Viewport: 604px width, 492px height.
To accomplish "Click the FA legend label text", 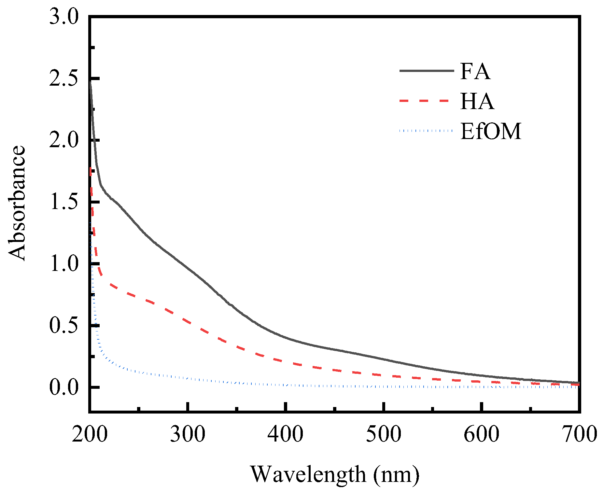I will (x=475, y=71).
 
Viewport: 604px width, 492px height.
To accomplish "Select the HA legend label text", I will (x=477, y=101).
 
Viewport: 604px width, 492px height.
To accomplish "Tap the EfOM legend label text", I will (x=491, y=131).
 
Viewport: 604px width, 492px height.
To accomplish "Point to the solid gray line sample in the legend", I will (x=426, y=71).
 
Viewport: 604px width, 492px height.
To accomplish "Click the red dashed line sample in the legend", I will (x=426, y=101).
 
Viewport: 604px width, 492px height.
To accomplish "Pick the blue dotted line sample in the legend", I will (x=426, y=131).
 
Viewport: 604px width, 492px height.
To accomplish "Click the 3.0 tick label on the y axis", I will (x=64, y=17).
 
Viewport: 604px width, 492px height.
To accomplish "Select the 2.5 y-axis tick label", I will (x=64, y=79).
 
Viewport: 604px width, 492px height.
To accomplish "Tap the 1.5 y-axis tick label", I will (x=64, y=202).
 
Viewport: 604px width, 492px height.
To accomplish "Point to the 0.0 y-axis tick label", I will (x=64, y=387).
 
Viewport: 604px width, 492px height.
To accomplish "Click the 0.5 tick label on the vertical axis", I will (x=64, y=326).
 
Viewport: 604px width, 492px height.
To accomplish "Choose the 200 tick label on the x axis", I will (x=90, y=435).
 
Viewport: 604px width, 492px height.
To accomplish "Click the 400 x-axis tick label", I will (x=286, y=435).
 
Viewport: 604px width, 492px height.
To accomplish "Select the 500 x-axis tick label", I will (x=384, y=435).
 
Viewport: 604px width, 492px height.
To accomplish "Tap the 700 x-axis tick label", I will (x=580, y=435).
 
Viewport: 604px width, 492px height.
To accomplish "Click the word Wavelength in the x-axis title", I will (x=308, y=474).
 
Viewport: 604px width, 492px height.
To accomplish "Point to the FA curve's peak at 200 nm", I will (x=90, y=82).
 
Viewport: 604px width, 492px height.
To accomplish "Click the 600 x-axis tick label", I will (x=482, y=435).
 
